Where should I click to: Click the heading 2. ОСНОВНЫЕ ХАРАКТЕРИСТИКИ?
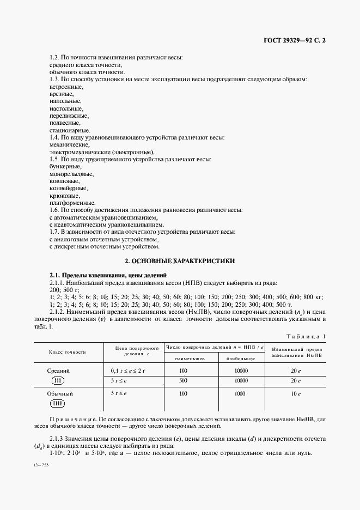click(x=180, y=261)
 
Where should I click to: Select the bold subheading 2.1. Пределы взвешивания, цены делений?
click(x=108, y=275)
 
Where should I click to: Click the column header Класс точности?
click(x=69, y=352)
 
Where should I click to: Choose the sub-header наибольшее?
click(x=241, y=358)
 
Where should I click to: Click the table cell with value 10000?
click(x=241, y=371)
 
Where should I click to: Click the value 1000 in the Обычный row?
click(x=241, y=393)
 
